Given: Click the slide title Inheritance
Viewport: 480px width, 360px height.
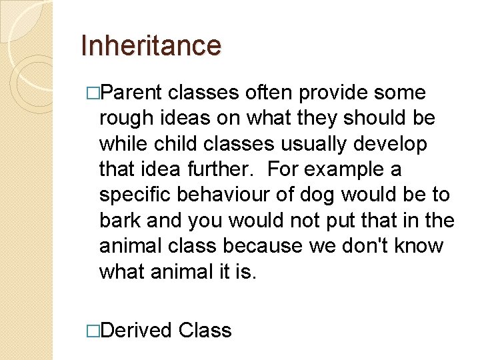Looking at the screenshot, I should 150,45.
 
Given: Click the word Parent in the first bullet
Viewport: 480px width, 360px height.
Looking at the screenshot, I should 133,93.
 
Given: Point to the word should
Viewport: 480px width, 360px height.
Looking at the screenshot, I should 373,118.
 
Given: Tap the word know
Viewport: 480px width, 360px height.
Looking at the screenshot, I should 417,245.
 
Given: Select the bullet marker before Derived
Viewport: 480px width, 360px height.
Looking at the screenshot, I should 93,331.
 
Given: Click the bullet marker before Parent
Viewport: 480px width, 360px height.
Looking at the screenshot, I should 93,93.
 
